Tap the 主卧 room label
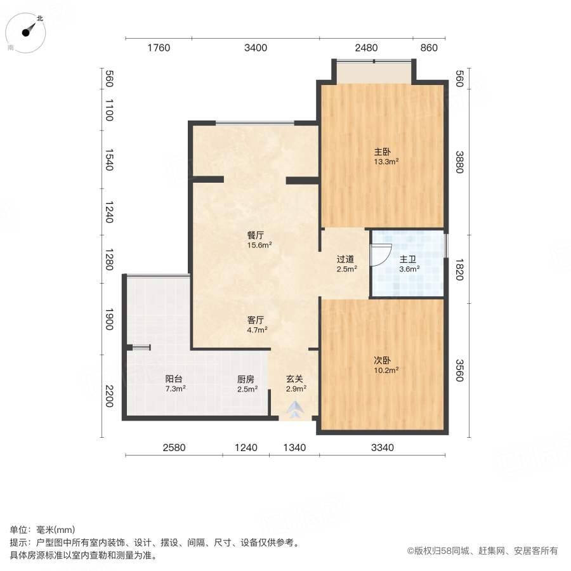click(x=382, y=152)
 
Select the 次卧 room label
click(x=382, y=360)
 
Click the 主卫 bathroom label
click(x=407, y=259)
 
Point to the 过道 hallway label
click(x=346, y=259)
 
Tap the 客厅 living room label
click(x=256, y=320)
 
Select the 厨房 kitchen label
click(x=246, y=379)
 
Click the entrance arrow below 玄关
click(x=295, y=410)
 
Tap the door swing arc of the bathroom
click(x=379, y=255)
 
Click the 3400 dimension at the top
click(x=256, y=48)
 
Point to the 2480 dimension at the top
click(x=366, y=48)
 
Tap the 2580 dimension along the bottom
click(x=174, y=447)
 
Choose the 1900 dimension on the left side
click(x=108, y=320)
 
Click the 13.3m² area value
click(x=386, y=161)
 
